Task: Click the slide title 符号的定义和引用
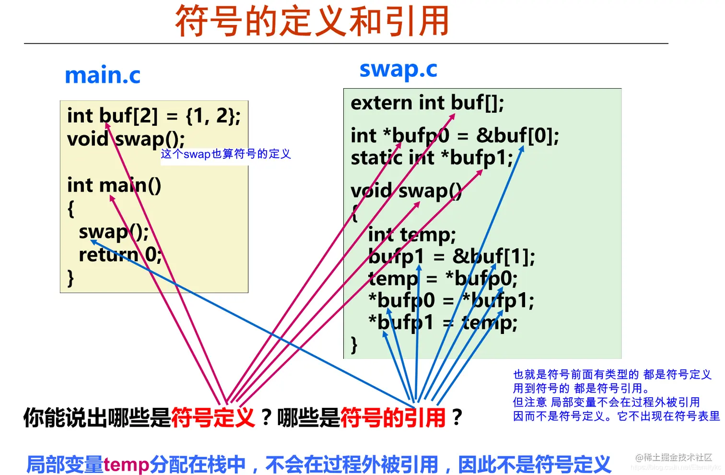tap(312, 21)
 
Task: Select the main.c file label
tap(102, 75)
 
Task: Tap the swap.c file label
tap(398, 70)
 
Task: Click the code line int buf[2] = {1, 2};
tap(153, 116)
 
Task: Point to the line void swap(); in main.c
tap(126, 139)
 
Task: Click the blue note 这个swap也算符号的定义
tap(226, 154)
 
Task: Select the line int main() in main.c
tap(114, 185)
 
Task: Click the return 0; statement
tap(120, 255)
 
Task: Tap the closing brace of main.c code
tap(70, 278)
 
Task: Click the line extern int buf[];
tap(427, 103)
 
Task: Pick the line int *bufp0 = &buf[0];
tap(455, 136)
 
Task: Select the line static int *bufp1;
tap(432, 158)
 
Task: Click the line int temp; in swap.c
tap(411, 235)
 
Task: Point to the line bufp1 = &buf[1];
tap(451, 257)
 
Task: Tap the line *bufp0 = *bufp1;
tap(451, 301)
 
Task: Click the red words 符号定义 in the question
tap(212, 417)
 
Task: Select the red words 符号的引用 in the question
tap(393, 417)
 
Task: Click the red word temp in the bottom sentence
tap(126, 464)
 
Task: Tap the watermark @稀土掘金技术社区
tap(674, 457)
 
